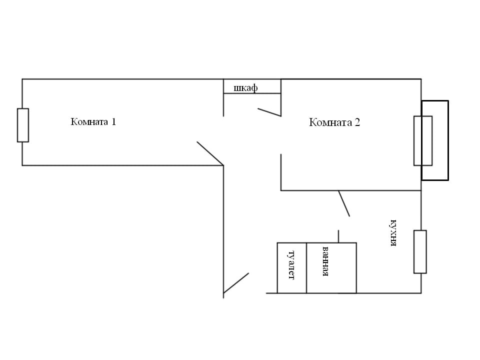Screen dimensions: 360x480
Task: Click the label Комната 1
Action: [93, 121]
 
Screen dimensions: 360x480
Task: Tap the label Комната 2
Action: [334, 122]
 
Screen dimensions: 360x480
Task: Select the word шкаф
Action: [245, 88]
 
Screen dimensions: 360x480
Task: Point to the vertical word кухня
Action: [393, 233]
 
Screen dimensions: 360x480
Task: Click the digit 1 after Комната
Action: [113, 121]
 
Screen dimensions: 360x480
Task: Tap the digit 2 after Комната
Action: [357, 122]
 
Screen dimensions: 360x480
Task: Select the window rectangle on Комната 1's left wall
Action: [23, 125]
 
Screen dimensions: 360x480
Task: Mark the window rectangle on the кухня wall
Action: [420, 251]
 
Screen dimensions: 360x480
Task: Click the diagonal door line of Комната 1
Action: [209, 153]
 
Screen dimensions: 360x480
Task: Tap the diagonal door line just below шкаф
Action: [269, 112]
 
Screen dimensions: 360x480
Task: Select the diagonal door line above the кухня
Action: [344, 203]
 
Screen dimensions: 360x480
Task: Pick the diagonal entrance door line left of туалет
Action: [236, 283]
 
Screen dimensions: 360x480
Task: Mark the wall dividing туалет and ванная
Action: [306, 268]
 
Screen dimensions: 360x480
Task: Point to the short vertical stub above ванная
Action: [339, 236]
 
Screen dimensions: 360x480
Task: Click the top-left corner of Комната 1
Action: [22, 79]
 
